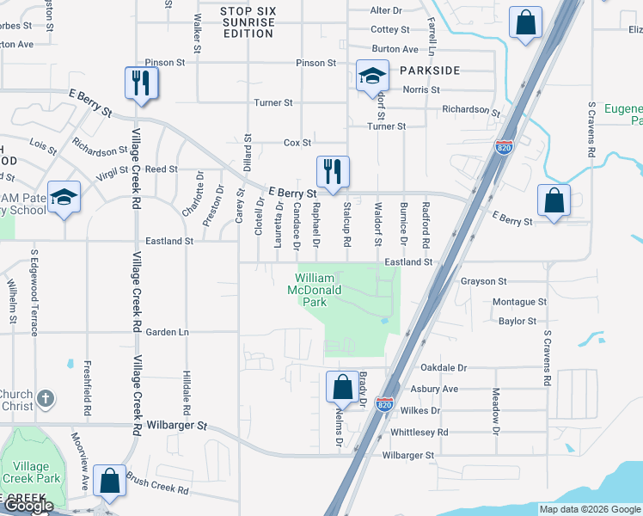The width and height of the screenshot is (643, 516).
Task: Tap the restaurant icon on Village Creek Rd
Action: pyautogui.click(x=138, y=83)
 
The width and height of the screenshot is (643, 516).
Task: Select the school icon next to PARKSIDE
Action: pyautogui.click(x=372, y=77)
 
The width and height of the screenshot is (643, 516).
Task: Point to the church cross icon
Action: pyautogui.click(x=46, y=399)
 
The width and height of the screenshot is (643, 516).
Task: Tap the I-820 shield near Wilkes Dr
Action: pyautogui.click(x=384, y=403)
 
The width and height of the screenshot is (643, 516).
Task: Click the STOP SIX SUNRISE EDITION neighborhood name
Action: pyautogui.click(x=248, y=21)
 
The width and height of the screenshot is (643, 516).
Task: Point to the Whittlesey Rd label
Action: pyautogui.click(x=419, y=433)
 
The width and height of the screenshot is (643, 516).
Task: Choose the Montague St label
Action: pyautogui.click(x=519, y=303)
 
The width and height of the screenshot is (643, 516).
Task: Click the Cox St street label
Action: pyautogui.click(x=297, y=143)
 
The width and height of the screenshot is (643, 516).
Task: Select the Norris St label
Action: pyautogui.click(x=422, y=89)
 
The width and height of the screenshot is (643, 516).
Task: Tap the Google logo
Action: pyautogui.click(x=28, y=506)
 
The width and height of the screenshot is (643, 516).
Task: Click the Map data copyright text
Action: pyautogui.click(x=589, y=509)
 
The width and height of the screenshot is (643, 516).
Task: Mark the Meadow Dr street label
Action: pyautogui.click(x=496, y=410)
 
